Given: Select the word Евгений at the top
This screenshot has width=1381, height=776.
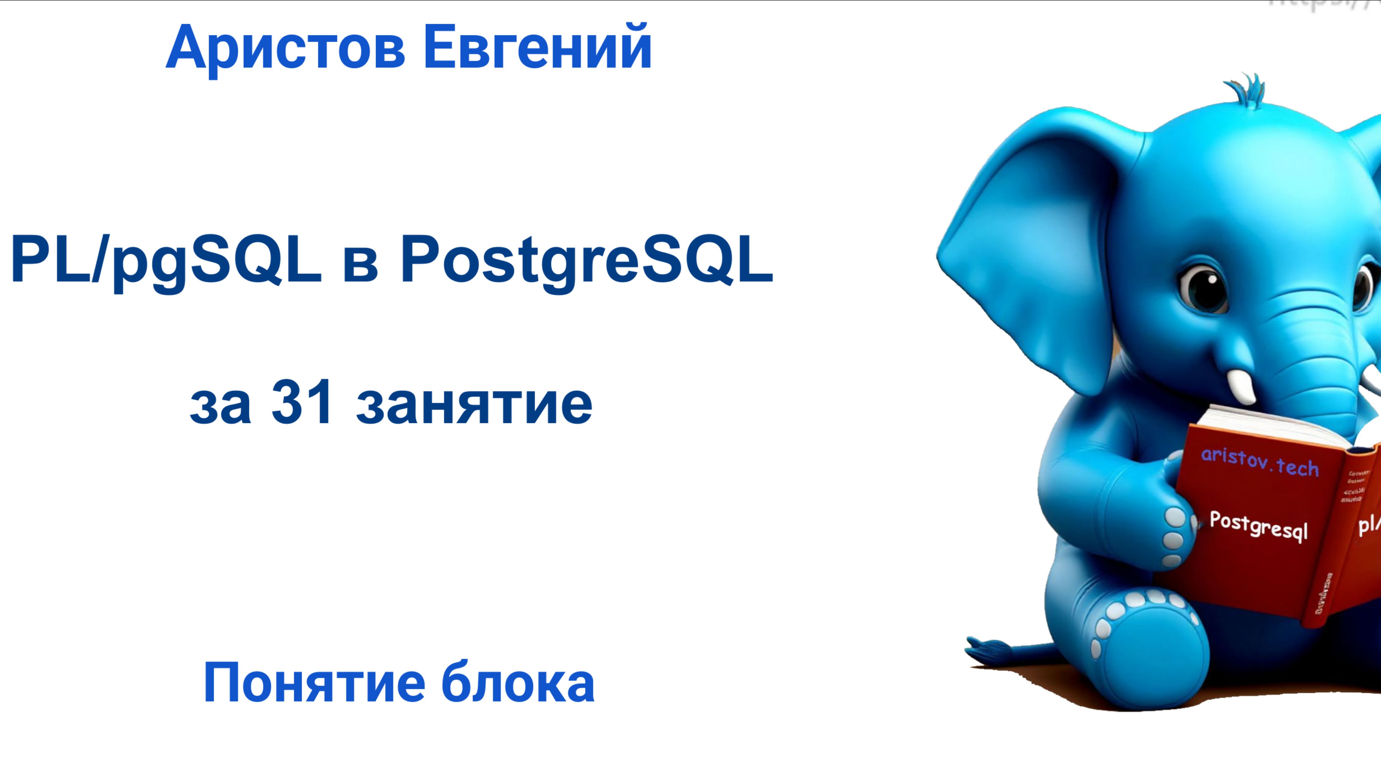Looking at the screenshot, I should [537, 48].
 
